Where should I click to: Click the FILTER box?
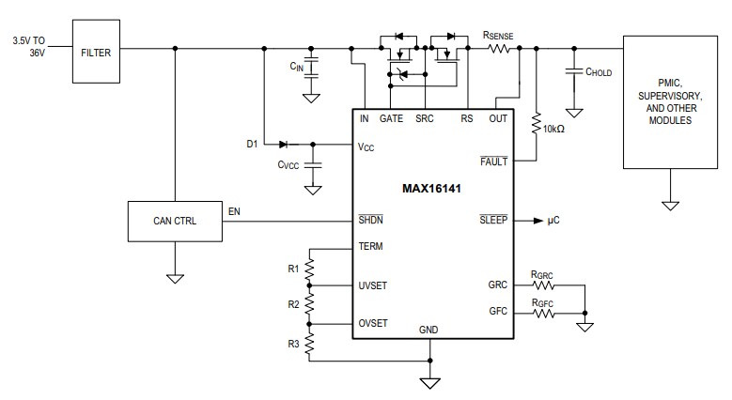(x=96, y=54)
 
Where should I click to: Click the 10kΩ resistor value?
(x=553, y=128)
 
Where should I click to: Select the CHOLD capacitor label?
(x=598, y=70)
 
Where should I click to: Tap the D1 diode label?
(x=251, y=144)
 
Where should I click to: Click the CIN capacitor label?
(x=296, y=67)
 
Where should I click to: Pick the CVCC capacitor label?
(x=288, y=165)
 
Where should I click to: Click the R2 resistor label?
(x=293, y=304)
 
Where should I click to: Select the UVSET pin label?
(x=373, y=285)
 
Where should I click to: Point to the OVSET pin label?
(x=373, y=323)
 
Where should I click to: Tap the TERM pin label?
(x=370, y=247)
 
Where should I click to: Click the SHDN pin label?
(x=370, y=221)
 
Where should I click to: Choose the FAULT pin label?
(x=492, y=162)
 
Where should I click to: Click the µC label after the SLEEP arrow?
(x=554, y=221)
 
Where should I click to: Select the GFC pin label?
(x=497, y=311)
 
